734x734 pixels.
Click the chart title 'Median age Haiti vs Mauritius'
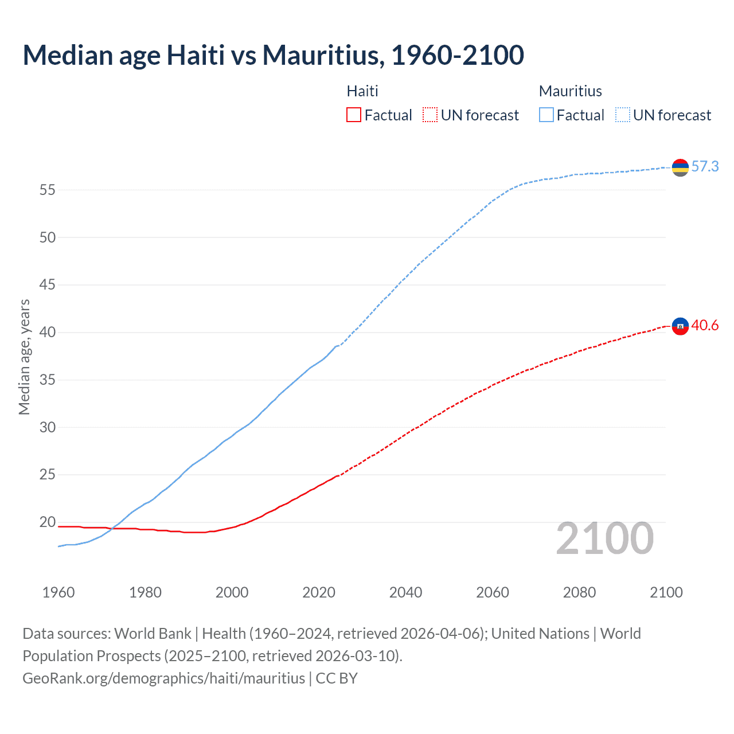[273, 55]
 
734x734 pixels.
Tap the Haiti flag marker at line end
[680, 326]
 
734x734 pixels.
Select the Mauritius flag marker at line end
[680, 167]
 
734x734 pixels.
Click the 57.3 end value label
[705, 166]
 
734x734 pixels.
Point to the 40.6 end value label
[705, 325]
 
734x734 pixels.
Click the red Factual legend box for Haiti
[354, 115]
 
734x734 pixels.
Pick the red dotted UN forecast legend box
[430, 115]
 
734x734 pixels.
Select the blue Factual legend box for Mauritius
[546, 115]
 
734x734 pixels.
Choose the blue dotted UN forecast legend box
[622, 115]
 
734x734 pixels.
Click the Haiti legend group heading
[362, 91]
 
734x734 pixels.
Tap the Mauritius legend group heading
[571, 91]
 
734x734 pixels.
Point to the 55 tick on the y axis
[47, 190]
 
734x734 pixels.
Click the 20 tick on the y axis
[47, 522]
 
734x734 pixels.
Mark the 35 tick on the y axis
[47, 380]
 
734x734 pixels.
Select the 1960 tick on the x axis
[58, 592]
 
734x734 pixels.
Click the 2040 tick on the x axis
[405, 592]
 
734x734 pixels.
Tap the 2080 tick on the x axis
[579, 592]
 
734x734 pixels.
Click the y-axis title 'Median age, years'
[24, 357]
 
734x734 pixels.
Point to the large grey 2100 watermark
[604, 538]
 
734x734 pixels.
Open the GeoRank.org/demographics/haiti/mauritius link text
[163, 678]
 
